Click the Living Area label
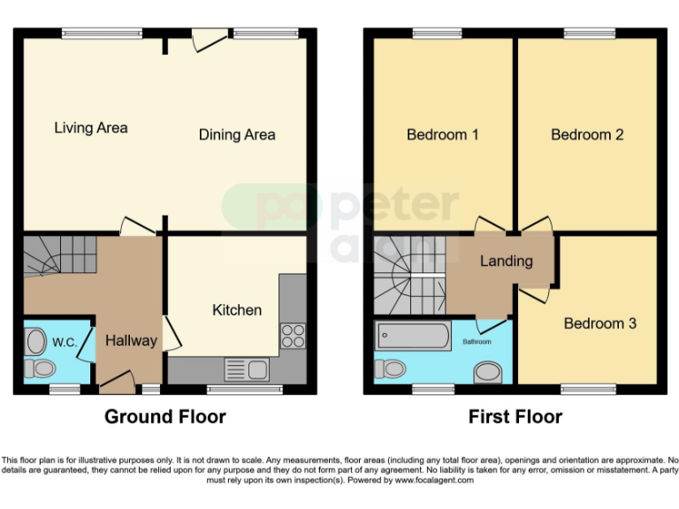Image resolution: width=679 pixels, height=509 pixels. pyautogui.click(x=90, y=128)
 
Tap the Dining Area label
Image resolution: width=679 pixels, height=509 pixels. pyautogui.click(x=236, y=135)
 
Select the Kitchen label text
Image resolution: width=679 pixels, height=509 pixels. pyautogui.click(x=237, y=310)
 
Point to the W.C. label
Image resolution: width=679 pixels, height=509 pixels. pyautogui.click(x=63, y=342)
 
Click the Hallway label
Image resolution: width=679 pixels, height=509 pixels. pyautogui.click(x=131, y=340)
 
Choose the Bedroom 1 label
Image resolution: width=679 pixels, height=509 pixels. pyautogui.click(x=442, y=135)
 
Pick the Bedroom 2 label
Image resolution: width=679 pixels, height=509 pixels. pyautogui.click(x=587, y=135)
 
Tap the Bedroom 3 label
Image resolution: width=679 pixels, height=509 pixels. pyautogui.click(x=599, y=323)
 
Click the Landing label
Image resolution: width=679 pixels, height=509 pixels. pyautogui.click(x=506, y=261)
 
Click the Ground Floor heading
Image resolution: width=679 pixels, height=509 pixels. pyautogui.click(x=165, y=416)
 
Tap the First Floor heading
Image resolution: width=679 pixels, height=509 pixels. pyautogui.click(x=515, y=416)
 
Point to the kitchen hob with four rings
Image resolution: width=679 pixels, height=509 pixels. pyautogui.click(x=293, y=336)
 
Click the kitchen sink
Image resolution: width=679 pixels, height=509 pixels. pyautogui.click(x=240, y=368)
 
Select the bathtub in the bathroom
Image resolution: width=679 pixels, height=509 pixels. pyautogui.click(x=413, y=337)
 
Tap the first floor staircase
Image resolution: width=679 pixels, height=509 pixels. pyautogui.click(x=408, y=274)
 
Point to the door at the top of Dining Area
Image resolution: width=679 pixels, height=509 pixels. pyautogui.click(x=209, y=39)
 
